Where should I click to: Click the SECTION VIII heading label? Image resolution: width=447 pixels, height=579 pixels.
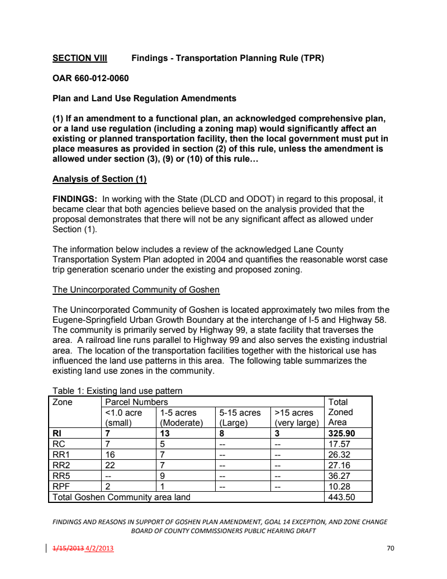point(79,58)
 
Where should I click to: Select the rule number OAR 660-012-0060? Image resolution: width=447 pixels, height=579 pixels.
point(93,78)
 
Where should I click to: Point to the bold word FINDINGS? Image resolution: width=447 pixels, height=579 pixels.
point(75,199)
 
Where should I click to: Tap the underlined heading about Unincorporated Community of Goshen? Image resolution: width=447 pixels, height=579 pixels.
point(136,290)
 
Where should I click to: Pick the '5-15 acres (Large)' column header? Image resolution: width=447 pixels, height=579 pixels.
point(240,417)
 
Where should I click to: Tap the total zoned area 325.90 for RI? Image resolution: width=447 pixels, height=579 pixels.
point(341,433)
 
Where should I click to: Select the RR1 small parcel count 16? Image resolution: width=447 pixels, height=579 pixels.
point(110,454)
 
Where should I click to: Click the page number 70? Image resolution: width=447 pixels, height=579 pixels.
point(391,548)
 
